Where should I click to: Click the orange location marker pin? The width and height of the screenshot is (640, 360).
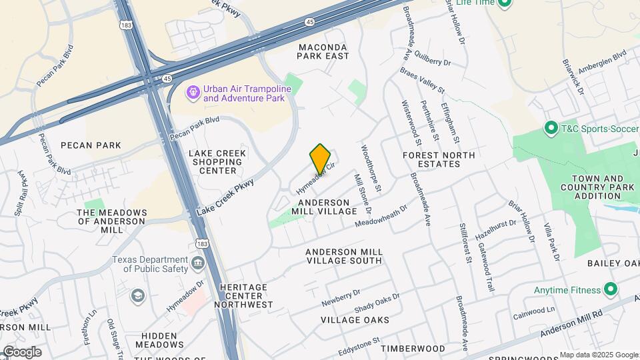pyautogui.click(x=320, y=158)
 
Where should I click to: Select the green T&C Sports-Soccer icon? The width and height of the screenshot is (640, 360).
pyautogui.click(x=551, y=127)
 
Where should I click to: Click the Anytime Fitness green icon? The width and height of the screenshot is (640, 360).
pyautogui.click(x=610, y=289)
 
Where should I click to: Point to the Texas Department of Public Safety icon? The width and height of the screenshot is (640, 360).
pyautogui.click(x=198, y=264)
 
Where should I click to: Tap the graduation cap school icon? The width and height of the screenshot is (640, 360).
pyautogui.click(x=137, y=295)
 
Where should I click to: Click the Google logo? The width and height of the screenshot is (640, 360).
pyautogui.click(x=21, y=352)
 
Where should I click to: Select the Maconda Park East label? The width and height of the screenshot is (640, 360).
pyautogui.click(x=323, y=51)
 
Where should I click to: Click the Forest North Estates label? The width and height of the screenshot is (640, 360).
pyautogui.click(x=439, y=160)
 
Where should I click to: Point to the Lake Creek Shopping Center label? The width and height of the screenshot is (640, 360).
pyautogui.click(x=217, y=162)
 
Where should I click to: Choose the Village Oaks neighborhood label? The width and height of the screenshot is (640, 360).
pyautogui.click(x=355, y=320)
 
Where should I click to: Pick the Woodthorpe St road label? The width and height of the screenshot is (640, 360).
pyautogui.click(x=370, y=169)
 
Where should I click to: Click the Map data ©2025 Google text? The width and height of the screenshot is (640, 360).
pyautogui.click(x=599, y=355)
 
